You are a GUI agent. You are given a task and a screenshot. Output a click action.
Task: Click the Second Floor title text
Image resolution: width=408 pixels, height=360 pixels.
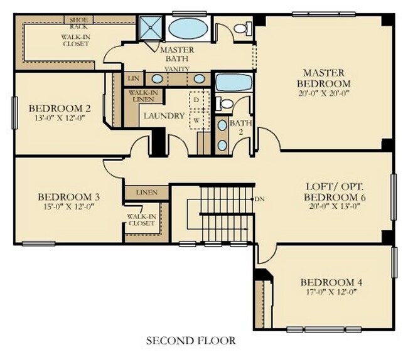[x=191, y=341]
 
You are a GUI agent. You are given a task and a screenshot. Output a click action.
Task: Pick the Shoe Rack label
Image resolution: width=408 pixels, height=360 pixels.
[x=78, y=23]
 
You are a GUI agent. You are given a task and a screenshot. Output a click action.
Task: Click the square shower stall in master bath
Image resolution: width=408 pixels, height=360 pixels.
[x=151, y=28]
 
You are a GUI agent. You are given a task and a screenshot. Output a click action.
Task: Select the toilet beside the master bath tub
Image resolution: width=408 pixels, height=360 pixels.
[x=241, y=28]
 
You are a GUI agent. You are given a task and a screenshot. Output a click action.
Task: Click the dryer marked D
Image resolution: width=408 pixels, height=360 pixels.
[x=196, y=100]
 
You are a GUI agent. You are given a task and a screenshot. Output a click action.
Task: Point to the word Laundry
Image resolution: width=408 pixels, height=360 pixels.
[x=164, y=116]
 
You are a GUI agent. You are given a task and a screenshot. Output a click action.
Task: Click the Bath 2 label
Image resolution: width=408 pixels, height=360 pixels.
[x=237, y=127]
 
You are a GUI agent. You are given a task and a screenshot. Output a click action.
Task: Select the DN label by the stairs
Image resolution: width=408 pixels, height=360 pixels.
[x=260, y=199]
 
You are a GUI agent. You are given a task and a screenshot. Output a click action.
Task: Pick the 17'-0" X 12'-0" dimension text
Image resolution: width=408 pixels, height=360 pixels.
[x=331, y=292]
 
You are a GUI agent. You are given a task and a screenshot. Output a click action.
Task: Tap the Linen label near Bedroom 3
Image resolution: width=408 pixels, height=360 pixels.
[x=146, y=192]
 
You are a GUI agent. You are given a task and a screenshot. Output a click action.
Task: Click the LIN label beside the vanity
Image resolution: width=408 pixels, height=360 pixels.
[x=132, y=79]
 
